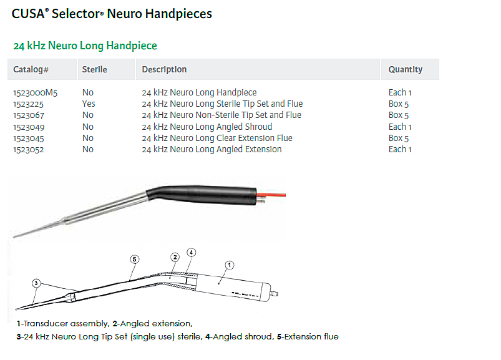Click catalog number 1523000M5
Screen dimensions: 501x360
tap(35, 93)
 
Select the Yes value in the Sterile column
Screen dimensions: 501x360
tap(89, 104)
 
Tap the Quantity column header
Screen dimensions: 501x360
tap(406, 70)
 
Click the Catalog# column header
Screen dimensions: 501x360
tap(31, 70)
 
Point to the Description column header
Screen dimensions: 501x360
tap(164, 70)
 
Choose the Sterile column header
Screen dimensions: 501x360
tap(95, 70)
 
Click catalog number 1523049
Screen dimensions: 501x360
tap(29, 127)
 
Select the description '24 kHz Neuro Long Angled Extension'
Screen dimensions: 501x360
tap(212, 150)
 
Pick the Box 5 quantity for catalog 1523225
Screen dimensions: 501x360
tap(399, 104)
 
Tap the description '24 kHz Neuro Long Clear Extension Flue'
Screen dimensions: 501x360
tap(217, 139)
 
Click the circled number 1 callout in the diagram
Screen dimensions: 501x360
tap(230, 265)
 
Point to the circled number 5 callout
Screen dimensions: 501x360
tap(135, 260)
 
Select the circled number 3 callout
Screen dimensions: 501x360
tap(36, 283)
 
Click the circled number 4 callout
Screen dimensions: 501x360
tap(191, 253)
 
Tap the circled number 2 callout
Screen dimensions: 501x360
tap(175, 257)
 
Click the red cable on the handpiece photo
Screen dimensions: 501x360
tap(271, 194)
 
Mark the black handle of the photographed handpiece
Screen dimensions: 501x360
tap(202, 195)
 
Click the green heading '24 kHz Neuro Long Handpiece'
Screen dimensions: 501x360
tap(85, 46)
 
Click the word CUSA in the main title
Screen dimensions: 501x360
tap(28, 14)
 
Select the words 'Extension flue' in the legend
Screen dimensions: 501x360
tap(311, 337)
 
